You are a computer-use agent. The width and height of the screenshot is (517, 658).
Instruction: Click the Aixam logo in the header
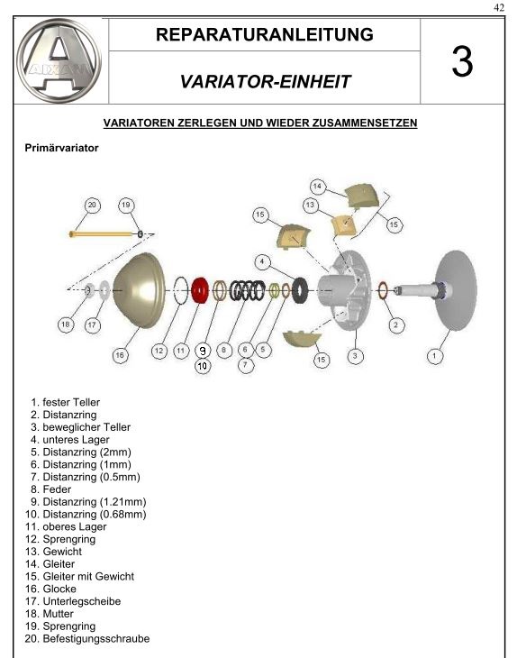coord(59,60)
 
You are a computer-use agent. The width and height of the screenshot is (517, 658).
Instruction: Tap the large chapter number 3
coord(462,61)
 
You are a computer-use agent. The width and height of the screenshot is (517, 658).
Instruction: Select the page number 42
coord(499,7)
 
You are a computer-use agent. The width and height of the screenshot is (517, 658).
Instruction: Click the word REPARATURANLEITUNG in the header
coord(265,34)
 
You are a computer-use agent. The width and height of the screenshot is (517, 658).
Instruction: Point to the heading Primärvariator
coord(61,148)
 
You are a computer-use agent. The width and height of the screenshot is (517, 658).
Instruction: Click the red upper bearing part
coord(200,290)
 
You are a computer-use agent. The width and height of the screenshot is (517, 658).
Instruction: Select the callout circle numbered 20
coord(92,206)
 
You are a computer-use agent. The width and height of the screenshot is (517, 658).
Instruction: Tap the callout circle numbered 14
coord(317,187)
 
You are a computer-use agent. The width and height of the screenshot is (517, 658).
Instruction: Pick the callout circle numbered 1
coord(434,356)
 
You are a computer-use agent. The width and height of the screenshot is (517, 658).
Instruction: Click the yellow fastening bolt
coord(104,233)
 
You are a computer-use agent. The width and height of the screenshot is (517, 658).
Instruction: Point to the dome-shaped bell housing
coord(140,290)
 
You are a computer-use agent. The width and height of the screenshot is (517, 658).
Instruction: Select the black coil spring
coord(247,290)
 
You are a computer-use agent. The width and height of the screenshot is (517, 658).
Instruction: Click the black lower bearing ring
coord(300,290)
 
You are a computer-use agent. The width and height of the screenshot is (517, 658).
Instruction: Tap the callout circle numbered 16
coord(120,355)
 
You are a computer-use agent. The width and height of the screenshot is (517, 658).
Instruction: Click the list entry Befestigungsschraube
coord(87,639)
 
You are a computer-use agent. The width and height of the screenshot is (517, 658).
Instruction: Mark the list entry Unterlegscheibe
coord(73,601)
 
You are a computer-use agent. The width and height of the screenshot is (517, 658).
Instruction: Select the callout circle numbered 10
coord(203,366)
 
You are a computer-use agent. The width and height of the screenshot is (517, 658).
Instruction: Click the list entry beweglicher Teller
coord(80,427)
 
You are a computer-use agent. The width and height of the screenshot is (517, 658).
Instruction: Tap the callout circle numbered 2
coord(395,325)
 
